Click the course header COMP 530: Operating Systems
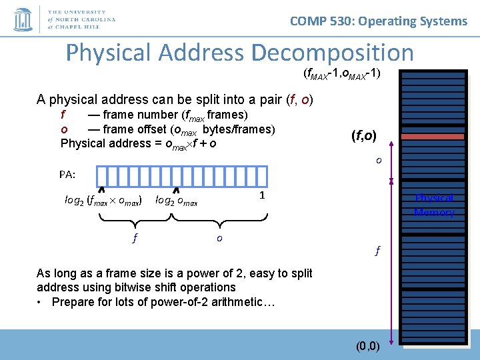click(379, 21)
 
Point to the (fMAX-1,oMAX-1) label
click(341, 73)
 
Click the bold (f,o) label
click(363, 137)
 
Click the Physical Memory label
click(434, 205)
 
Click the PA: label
click(67, 175)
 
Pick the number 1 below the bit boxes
click(262, 196)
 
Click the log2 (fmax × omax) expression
click(103, 200)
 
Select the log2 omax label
click(176, 200)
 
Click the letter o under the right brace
click(219, 237)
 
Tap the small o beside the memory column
click(378, 160)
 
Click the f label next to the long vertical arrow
click(377, 251)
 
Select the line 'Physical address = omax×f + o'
click(138, 143)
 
